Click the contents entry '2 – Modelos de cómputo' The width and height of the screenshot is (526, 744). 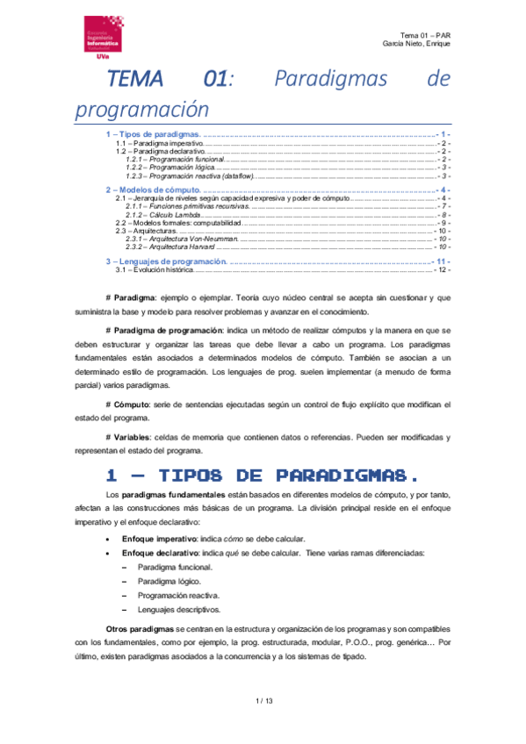click(x=155, y=189)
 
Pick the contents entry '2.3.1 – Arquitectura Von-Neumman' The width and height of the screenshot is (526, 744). click(x=183, y=239)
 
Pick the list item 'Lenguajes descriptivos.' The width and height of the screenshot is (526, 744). click(x=177, y=610)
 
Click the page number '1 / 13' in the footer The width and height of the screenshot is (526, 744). click(x=263, y=701)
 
